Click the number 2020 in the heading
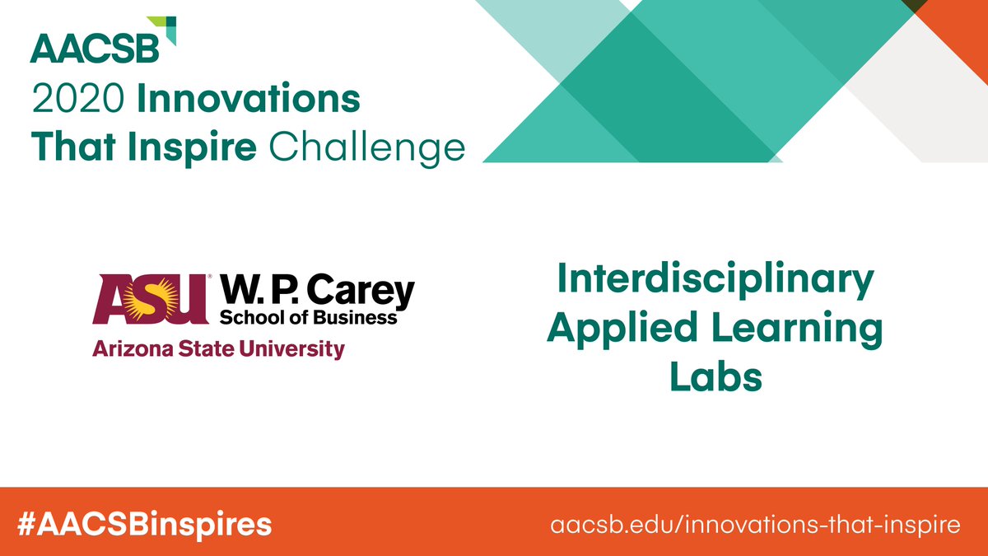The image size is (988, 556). tap(78, 100)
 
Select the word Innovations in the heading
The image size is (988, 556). tap(249, 100)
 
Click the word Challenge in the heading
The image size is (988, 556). tap(366, 148)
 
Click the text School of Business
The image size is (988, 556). tap(308, 317)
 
